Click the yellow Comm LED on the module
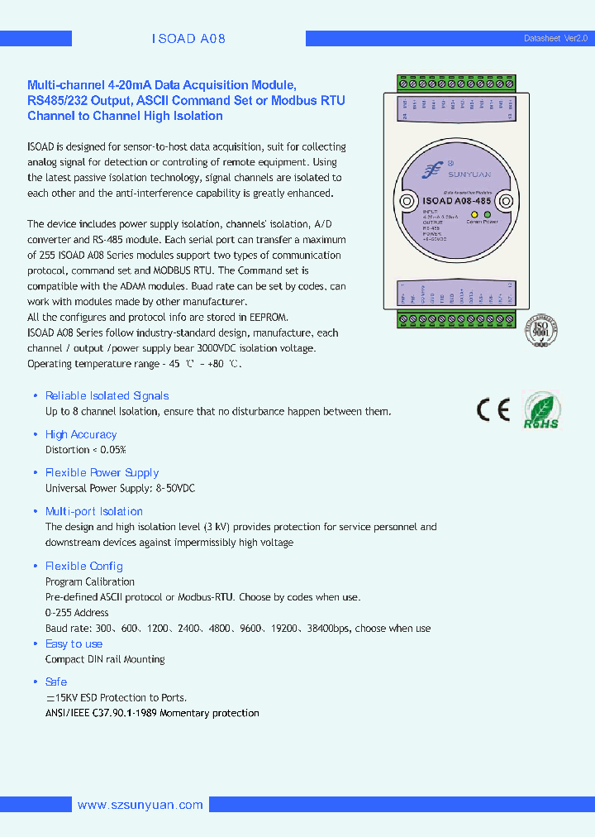(474, 213)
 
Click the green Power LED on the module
(488, 213)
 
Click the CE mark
(493, 409)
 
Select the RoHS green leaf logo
(541, 411)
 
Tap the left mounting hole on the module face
(407, 201)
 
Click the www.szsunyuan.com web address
(140, 805)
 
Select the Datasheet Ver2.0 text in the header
(555, 39)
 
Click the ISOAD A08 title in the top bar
(188, 39)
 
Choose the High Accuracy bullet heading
(81, 434)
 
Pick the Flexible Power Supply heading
(102, 472)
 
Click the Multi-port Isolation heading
(94, 511)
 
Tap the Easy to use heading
(74, 643)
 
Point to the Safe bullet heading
(56, 682)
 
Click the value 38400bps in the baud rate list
(328, 628)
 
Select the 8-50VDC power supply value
(175, 488)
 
